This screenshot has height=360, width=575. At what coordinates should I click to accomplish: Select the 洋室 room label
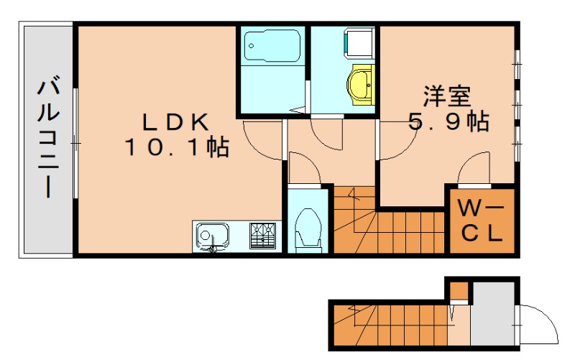pos(446,96)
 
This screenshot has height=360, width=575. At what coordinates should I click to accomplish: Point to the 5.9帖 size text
pos(448,121)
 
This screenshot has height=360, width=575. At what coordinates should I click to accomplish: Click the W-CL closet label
pos(483,222)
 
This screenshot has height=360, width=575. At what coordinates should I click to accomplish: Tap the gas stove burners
pos(263,235)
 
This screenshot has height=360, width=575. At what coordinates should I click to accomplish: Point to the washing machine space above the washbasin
pos(357,43)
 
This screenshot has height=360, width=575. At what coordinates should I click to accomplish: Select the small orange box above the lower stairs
pos(458,291)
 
